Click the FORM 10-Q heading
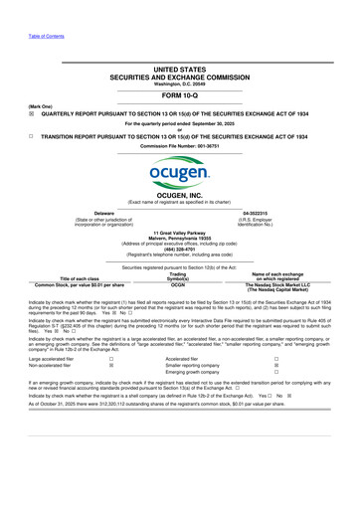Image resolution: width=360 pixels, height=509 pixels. click(179, 95)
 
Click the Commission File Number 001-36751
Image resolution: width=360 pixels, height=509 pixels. click(179, 146)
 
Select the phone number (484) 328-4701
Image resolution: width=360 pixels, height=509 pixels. click(179, 250)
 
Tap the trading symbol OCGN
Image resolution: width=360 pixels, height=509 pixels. click(179, 283)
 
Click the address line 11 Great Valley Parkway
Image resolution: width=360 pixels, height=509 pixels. click(179, 233)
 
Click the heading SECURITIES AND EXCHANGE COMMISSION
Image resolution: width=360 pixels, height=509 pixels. click(179, 76)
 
